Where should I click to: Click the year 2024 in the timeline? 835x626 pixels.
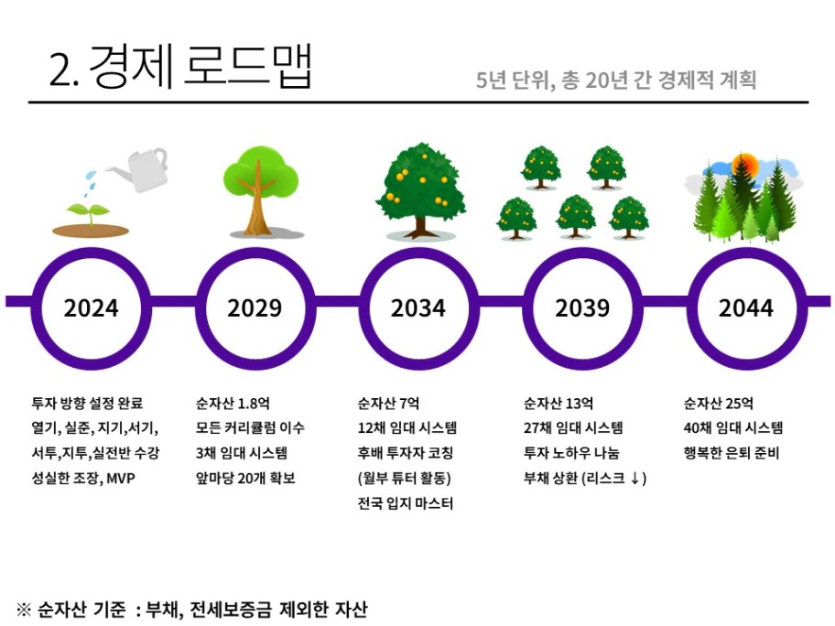tap(91, 308)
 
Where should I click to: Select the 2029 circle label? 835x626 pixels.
tap(255, 308)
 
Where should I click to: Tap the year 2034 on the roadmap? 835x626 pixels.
tap(418, 308)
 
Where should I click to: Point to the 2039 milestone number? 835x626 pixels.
tap(582, 308)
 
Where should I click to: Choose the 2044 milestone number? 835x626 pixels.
tap(745, 308)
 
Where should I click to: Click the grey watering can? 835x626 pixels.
tap(139, 169)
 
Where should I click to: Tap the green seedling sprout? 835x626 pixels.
tap(89, 214)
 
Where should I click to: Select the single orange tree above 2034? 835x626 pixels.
tap(420, 189)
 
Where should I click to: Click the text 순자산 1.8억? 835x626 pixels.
tap(233, 404)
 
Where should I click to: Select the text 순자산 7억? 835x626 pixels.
tap(388, 404)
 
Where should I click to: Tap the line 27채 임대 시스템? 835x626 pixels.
tap(573, 428)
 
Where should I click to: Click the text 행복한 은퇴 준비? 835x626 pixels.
tap(732, 453)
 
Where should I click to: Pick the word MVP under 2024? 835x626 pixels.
tap(121, 479)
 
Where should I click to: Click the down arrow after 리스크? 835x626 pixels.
tap(634, 478)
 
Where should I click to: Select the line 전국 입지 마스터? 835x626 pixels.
tap(406, 503)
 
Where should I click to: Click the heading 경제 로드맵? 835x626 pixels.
tap(201, 67)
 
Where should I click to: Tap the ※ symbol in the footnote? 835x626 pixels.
tap(24, 609)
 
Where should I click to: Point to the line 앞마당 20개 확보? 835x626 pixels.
tap(245, 478)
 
